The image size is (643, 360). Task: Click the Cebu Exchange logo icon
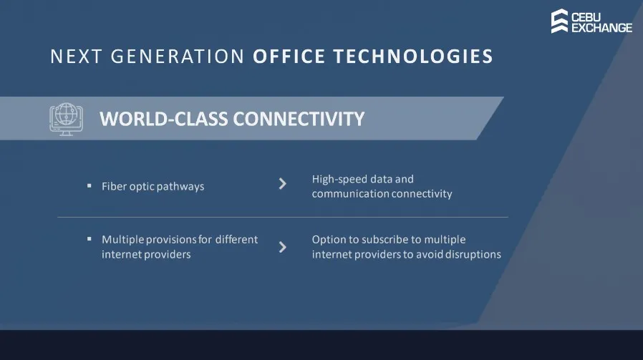(x=559, y=21)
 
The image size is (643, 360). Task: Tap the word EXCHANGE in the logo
(x=601, y=28)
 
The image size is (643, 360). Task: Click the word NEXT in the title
(x=76, y=57)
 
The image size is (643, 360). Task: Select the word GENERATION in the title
(x=178, y=57)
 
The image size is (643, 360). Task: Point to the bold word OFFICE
(x=289, y=57)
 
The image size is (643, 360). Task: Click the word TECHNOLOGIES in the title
(x=413, y=57)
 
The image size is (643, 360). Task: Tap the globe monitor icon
(x=66, y=119)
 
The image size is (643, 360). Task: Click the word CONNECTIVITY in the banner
(x=299, y=119)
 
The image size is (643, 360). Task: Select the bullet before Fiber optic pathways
(x=89, y=186)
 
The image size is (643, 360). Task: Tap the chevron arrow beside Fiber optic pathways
(x=283, y=184)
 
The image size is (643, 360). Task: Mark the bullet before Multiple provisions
(x=89, y=238)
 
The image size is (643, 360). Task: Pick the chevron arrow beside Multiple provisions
(x=283, y=247)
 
